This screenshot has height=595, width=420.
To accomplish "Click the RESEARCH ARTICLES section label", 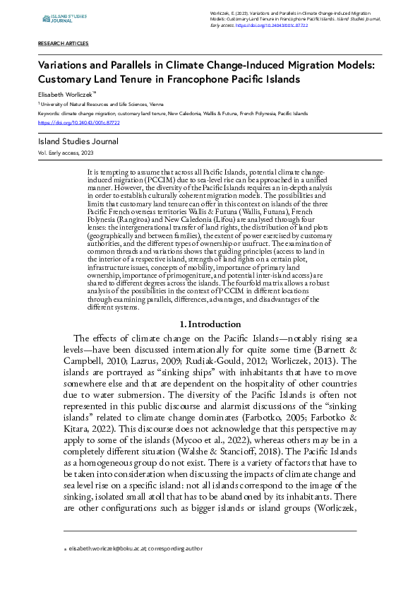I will pos(63,44).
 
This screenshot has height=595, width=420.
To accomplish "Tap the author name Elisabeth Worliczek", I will pos(66,93).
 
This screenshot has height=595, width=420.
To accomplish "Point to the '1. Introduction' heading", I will pos(210,324).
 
